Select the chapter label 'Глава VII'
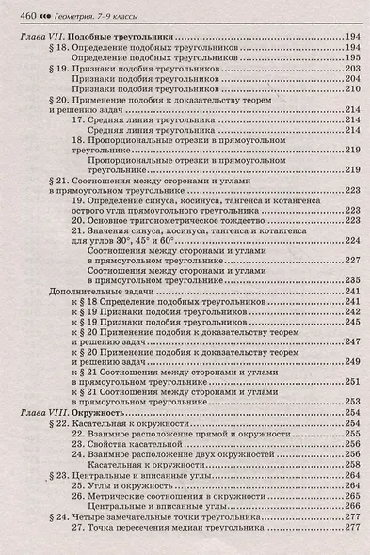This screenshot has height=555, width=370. [43, 36]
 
